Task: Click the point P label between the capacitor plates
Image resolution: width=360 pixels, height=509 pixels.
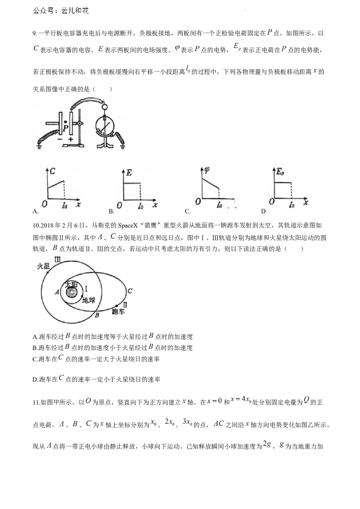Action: pyautogui.click(x=66, y=128)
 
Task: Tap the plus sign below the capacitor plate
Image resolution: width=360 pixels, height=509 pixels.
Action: pyautogui.click(x=71, y=139)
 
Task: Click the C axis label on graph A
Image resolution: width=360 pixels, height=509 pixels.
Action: pyautogui.click(x=52, y=171)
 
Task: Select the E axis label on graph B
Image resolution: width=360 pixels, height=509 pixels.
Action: pyautogui.click(x=129, y=173)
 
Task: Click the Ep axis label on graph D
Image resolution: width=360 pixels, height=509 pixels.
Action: pyautogui.click(x=280, y=172)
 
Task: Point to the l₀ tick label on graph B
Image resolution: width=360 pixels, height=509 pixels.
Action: pyautogui.click(x=141, y=205)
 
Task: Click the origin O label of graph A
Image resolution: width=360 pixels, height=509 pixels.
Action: pyautogui.click(x=45, y=204)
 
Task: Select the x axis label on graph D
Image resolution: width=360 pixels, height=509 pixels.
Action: pyautogui.click(x=306, y=202)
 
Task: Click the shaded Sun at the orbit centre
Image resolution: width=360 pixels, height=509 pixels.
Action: pyautogui.click(x=71, y=292)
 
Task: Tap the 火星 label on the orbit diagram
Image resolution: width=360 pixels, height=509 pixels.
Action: pyautogui.click(x=43, y=267)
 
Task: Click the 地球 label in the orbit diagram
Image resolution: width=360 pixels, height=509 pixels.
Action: pyautogui.click(x=88, y=300)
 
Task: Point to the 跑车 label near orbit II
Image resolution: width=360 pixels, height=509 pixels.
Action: pyautogui.click(x=118, y=311)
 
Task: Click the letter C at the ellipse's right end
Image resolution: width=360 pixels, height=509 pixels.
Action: pyautogui.click(x=130, y=291)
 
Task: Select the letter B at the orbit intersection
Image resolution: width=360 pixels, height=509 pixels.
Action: pyautogui.click(x=97, y=314)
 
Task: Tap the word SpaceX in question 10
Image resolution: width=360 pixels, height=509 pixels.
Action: pyautogui.click(x=130, y=225)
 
